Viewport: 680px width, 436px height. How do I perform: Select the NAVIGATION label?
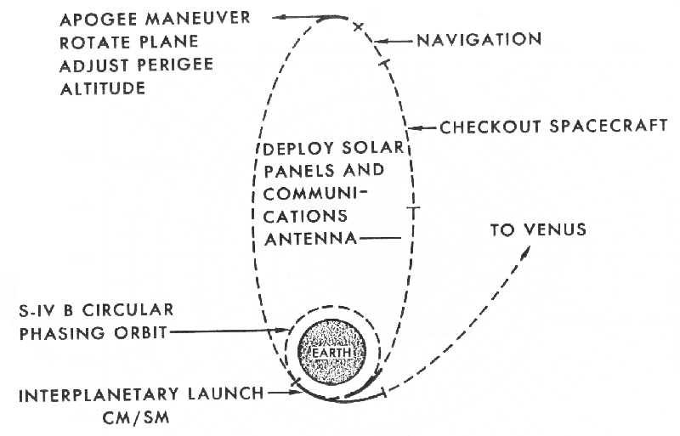point(479,39)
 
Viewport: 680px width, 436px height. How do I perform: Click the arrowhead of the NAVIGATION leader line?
point(379,40)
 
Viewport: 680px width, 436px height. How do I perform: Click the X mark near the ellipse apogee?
point(358,27)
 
